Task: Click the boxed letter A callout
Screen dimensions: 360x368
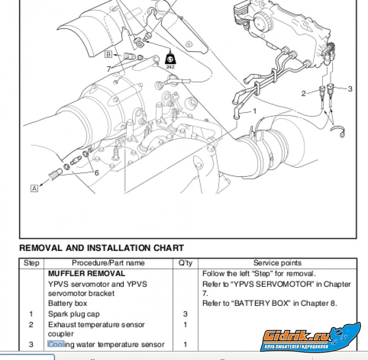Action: pyautogui.click(x=34, y=188)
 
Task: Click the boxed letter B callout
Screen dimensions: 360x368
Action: pyautogui.click(x=109, y=55)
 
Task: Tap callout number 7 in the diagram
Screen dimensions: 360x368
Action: pyautogui.click(x=109, y=69)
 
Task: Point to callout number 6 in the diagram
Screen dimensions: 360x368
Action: pyautogui.click(x=97, y=173)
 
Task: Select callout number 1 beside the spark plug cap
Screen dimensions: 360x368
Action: pyautogui.click(x=255, y=111)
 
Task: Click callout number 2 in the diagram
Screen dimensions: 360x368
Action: pyautogui.click(x=303, y=93)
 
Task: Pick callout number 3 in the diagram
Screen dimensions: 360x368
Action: pyautogui.click(x=350, y=89)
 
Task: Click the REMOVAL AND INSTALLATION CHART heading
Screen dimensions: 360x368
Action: pyautogui.click(x=101, y=248)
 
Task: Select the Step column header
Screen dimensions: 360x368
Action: pyautogui.click(x=31, y=263)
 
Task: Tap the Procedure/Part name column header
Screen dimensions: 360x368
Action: pyautogui.click(x=108, y=263)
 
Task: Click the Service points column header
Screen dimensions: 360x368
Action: pyautogui.click(x=277, y=263)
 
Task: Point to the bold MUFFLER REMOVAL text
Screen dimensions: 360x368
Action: pyautogui.click(x=86, y=273)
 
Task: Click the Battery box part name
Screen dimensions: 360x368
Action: pyautogui.click(x=67, y=303)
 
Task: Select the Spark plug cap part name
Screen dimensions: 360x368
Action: pyautogui.click(x=74, y=314)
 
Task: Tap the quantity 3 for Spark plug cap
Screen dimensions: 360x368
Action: pyautogui.click(x=185, y=314)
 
